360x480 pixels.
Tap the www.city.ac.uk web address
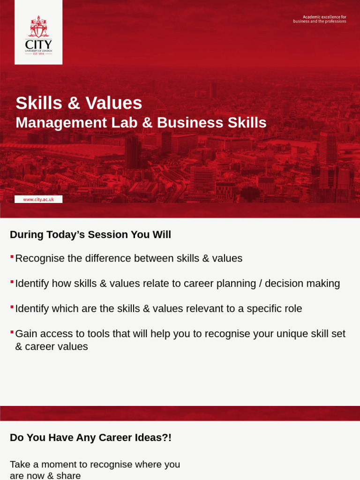[38, 199]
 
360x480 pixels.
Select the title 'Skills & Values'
[79, 103]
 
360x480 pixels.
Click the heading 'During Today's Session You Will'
[90, 234]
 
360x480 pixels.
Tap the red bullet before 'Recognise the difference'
[12, 257]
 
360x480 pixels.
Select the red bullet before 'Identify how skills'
[12, 282]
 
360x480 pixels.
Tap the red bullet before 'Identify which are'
[12, 307]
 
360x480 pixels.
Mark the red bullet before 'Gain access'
[12, 332]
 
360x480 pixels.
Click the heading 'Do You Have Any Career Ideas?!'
[90, 437]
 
